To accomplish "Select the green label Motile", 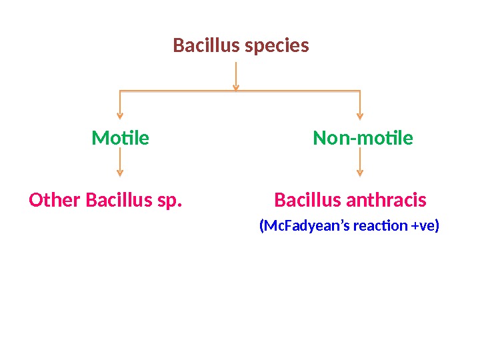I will (x=120, y=139).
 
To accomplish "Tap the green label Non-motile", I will (x=363, y=139).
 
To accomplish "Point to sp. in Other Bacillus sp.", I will (x=171, y=201).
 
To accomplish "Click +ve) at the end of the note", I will (x=425, y=226).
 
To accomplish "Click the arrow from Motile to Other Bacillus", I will (x=120, y=162).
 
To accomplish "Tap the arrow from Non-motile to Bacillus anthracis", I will (x=360, y=162).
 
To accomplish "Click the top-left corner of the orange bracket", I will (x=120, y=90).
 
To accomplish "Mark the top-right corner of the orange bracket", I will (x=360, y=90).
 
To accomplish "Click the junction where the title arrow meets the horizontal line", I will (x=236, y=89).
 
